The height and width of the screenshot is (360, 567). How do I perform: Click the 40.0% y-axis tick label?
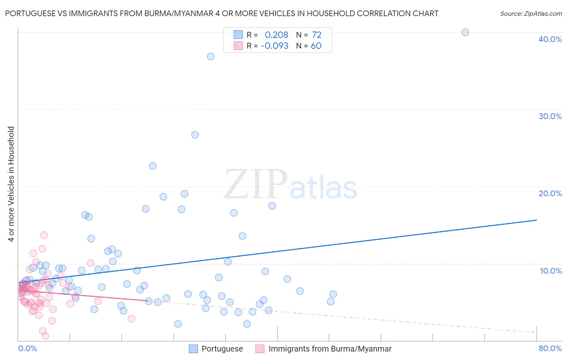[x=550, y=39]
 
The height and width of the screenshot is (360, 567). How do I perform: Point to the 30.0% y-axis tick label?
[x=550, y=116]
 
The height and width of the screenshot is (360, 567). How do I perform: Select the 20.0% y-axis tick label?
[x=550, y=193]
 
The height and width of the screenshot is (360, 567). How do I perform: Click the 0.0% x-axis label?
[x=27, y=348]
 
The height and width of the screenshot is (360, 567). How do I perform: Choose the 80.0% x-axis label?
[x=550, y=348]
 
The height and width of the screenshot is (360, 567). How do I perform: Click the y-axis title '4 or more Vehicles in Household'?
[x=11, y=184]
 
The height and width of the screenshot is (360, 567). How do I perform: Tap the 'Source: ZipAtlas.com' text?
[x=531, y=13]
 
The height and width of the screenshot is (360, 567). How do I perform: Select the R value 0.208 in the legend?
[x=276, y=35]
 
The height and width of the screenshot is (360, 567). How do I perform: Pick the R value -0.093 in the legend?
[x=275, y=46]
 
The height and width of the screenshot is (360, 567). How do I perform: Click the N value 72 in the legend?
[x=317, y=35]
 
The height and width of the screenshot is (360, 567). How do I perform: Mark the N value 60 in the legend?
[x=316, y=46]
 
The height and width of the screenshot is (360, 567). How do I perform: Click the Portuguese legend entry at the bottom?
[x=222, y=349]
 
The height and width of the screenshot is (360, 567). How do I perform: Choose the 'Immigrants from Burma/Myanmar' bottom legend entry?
[x=330, y=349]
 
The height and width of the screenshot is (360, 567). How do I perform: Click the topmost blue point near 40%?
[x=465, y=32]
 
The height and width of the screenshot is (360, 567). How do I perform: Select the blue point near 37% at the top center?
[x=211, y=57]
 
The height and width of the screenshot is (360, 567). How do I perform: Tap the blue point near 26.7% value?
[x=195, y=135]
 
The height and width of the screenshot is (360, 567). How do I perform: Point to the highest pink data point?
[x=44, y=235]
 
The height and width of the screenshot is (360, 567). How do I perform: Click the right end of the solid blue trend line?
[x=536, y=220]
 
